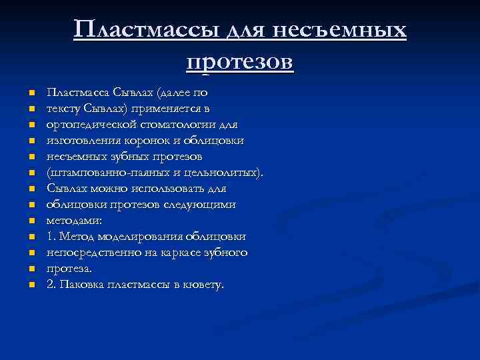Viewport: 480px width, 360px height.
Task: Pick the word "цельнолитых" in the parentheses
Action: (x=225, y=172)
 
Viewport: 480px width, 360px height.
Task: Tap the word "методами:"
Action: (x=74, y=220)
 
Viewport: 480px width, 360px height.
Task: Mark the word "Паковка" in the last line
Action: (x=80, y=284)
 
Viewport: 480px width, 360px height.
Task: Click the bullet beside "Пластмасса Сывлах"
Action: (x=31, y=93)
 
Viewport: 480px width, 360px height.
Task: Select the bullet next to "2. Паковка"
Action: (x=31, y=285)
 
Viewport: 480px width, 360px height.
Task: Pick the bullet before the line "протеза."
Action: (x=31, y=269)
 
